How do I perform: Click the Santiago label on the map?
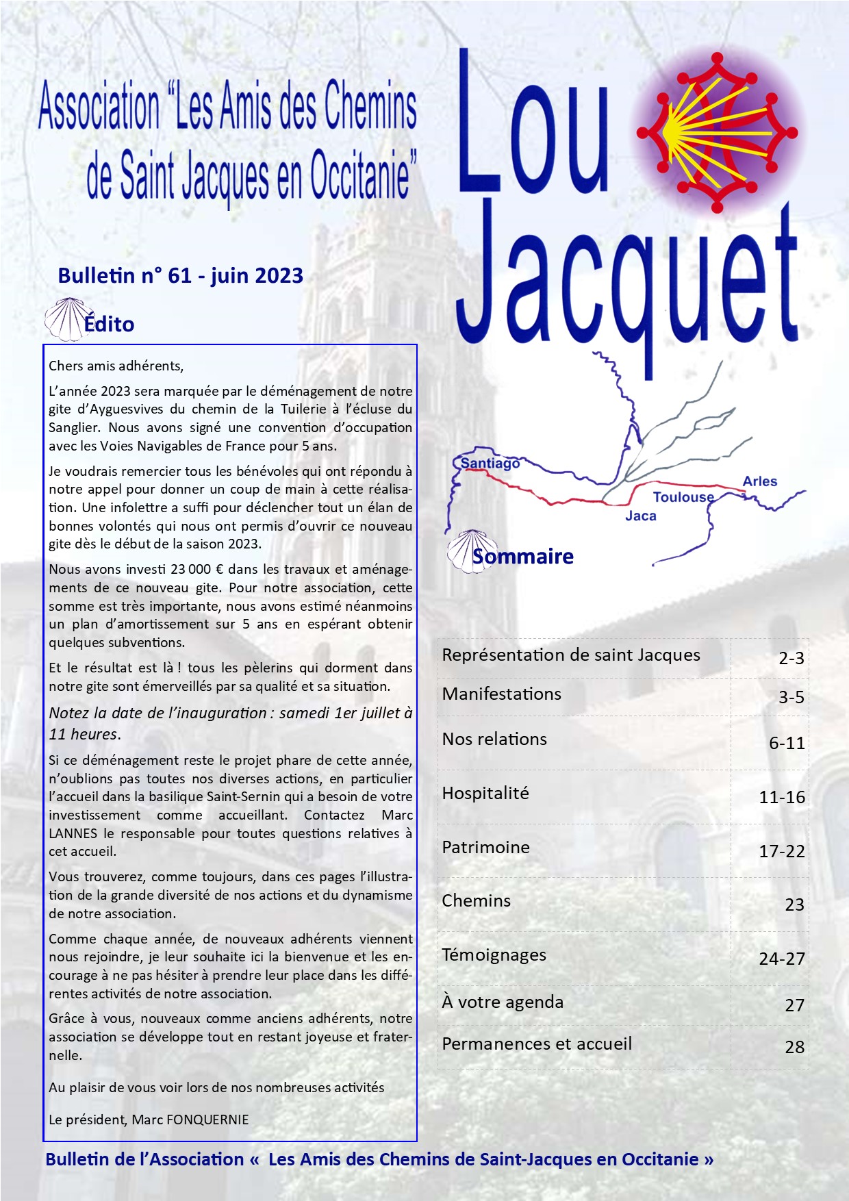click(x=490, y=464)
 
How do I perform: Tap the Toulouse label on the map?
click(x=683, y=497)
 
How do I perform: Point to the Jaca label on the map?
click(x=640, y=516)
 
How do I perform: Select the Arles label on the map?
click(x=759, y=481)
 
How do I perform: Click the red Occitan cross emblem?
click(x=717, y=132)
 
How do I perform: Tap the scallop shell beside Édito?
click(x=64, y=319)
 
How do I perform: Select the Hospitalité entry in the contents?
click(x=485, y=794)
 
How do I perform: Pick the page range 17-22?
click(x=781, y=851)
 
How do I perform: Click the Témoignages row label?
click(x=494, y=955)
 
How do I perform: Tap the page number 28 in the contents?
click(x=794, y=1047)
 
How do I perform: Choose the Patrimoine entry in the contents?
click(x=485, y=848)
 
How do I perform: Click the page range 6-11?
click(x=786, y=743)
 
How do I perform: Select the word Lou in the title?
click(x=533, y=123)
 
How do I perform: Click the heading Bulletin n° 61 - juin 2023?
click(x=181, y=275)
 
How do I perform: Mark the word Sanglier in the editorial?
click(x=74, y=428)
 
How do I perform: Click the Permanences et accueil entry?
click(x=537, y=1044)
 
